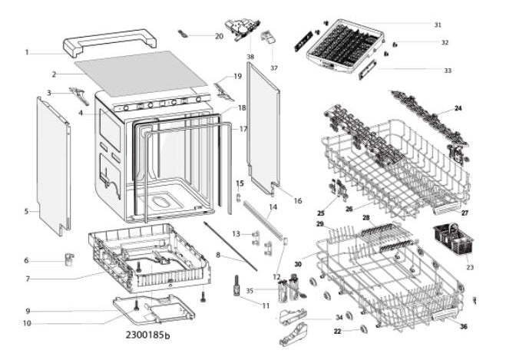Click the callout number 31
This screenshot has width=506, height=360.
click(x=438, y=25)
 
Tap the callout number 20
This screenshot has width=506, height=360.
click(x=219, y=36)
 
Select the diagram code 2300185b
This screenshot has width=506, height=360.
click(x=147, y=335)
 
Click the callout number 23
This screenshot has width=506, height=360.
click(x=470, y=267)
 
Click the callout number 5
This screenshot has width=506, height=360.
click(x=26, y=211)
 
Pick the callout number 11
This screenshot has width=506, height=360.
click(x=266, y=306)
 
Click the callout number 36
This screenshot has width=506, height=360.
click(x=464, y=326)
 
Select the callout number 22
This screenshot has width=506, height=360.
click(x=337, y=332)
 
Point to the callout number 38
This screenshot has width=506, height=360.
click(x=250, y=57)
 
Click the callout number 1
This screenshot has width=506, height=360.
click(x=27, y=52)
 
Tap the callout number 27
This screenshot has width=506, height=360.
click(x=465, y=213)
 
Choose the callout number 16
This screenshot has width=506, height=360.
click(x=297, y=200)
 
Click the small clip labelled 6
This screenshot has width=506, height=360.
click(x=69, y=259)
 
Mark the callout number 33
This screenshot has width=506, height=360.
click(x=448, y=71)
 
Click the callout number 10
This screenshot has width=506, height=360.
click(x=27, y=323)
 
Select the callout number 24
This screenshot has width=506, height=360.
click(x=458, y=108)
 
